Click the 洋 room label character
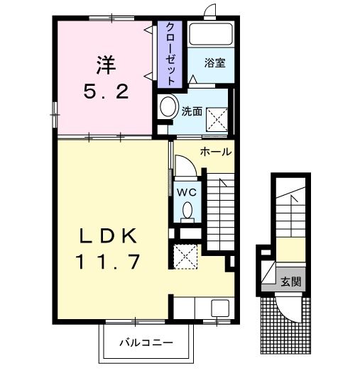tap(106, 65)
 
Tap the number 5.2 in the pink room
tap(107, 91)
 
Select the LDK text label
tap(109, 235)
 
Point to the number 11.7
tap(107, 262)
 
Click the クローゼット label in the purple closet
tap(170, 54)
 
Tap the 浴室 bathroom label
tap(215, 63)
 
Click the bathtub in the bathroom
tap(211, 35)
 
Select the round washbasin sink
tap(169, 106)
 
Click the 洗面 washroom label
tap(192, 111)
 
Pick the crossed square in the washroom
tap(217, 119)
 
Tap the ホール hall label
tap(216, 152)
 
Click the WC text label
tap(187, 192)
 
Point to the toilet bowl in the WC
tap(187, 210)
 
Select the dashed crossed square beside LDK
tap(185, 257)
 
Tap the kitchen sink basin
tap(220, 308)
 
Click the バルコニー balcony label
tap(146, 343)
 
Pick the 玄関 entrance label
tap(291, 282)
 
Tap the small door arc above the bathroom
tap(209, 9)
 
